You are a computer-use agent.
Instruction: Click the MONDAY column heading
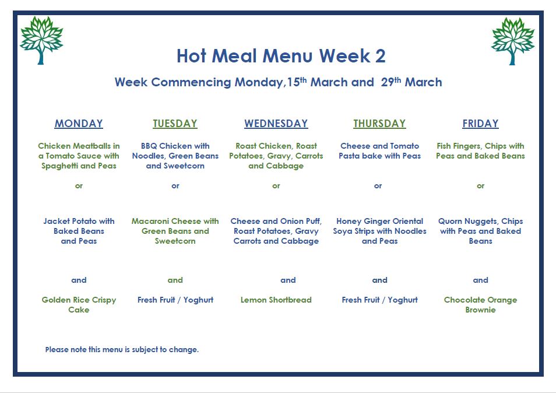pos(79,124)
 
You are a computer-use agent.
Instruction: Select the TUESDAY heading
pos(175,124)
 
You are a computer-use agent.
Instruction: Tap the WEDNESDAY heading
pos(276,124)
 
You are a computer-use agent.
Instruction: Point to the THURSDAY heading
pos(379,124)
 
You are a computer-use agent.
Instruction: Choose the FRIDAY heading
pos(480,124)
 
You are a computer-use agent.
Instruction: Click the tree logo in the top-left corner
pos(41,40)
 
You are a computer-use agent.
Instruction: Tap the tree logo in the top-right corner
pos(513,41)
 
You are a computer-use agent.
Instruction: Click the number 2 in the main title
pos(380,56)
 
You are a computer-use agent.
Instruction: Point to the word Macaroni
pos(149,221)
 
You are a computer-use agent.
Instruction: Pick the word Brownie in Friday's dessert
pos(480,310)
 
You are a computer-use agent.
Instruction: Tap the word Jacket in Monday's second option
pos(57,221)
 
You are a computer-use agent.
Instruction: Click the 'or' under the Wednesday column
pos(276,186)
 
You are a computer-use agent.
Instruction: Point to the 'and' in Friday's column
pos(480,280)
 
